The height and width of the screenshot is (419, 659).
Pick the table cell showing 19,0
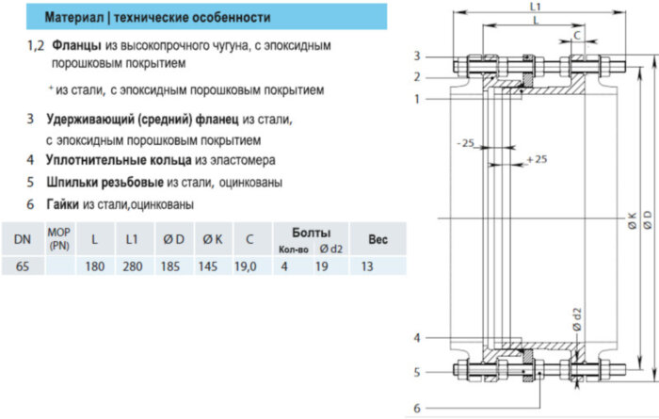pos(245,267)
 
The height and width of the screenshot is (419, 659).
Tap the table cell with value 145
pos(210,267)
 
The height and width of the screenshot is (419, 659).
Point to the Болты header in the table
pos(311,232)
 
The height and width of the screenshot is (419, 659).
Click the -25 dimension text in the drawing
pos(463,143)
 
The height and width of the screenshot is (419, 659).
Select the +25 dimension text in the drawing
pos(538,159)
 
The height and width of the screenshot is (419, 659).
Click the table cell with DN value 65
pos(23,267)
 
